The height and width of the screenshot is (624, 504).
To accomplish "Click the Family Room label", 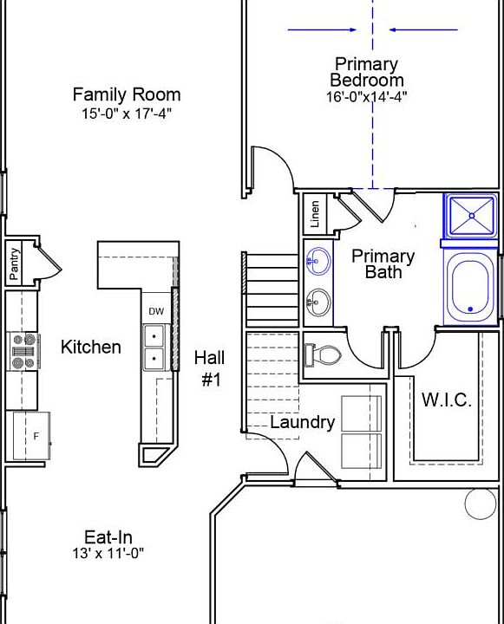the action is (127, 94).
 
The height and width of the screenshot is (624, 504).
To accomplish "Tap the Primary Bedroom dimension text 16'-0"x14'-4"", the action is (367, 97).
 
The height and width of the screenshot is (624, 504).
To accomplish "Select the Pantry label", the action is (14, 263).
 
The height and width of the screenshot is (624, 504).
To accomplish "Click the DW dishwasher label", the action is (156, 311).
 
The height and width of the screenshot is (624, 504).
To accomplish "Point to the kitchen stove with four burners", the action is (24, 351).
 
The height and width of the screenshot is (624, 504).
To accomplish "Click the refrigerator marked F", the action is (32, 436).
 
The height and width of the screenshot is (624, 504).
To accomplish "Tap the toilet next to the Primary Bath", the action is (323, 354).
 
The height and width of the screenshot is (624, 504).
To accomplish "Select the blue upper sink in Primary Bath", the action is (318, 261).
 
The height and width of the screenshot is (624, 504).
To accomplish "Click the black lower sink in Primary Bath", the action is (318, 302).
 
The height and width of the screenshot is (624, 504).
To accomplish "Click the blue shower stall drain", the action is (472, 216).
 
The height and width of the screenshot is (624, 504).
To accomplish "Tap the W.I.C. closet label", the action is (447, 400).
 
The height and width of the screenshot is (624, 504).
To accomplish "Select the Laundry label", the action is (303, 423).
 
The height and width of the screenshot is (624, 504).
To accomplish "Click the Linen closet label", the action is (315, 214).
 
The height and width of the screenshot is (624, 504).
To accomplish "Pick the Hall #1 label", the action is (210, 368).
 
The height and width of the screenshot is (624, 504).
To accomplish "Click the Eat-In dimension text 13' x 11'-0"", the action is (108, 553).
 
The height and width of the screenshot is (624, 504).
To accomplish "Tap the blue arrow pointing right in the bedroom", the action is (322, 29).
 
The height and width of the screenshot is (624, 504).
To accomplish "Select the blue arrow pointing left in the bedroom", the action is (423, 29).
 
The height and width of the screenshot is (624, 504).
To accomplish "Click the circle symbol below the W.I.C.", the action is (481, 504).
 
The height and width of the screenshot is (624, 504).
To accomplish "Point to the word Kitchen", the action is (91, 347).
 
